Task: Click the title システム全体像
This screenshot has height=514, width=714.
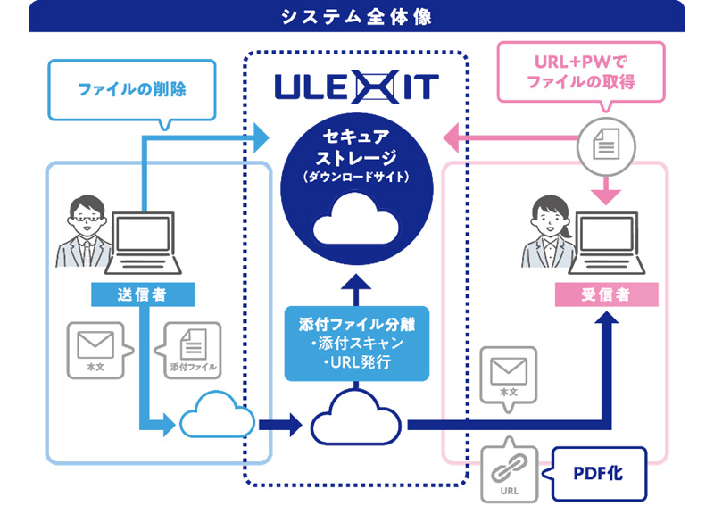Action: point(357,16)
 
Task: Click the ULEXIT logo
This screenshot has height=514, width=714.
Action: point(357,87)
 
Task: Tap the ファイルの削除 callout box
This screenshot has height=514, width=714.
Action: point(131,89)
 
